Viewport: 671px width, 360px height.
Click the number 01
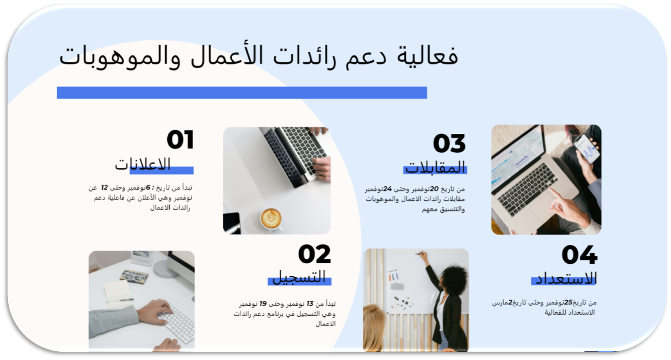click(x=180, y=139)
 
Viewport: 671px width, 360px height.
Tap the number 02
click(x=315, y=254)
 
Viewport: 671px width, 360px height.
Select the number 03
click(x=449, y=143)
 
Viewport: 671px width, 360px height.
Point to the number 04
click(x=580, y=255)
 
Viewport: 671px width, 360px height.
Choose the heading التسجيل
click(x=299, y=276)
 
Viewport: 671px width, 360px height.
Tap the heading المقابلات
click(x=435, y=167)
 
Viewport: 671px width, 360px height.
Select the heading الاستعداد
click(x=566, y=279)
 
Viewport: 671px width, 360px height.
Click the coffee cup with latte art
click(x=271, y=218)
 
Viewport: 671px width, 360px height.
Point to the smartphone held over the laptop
click(x=587, y=149)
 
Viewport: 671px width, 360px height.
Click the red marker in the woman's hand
click(x=419, y=254)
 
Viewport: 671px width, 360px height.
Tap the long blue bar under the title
click(x=242, y=93)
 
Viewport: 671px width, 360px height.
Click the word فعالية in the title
click(x=428, y=56)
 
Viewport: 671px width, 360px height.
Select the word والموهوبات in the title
click(x=120, y=57)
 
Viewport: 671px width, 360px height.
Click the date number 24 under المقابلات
click(x=387, y=189)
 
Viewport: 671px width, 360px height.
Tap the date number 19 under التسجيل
click(x=263, y=304)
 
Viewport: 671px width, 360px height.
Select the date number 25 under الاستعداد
click(x=568, y=302)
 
